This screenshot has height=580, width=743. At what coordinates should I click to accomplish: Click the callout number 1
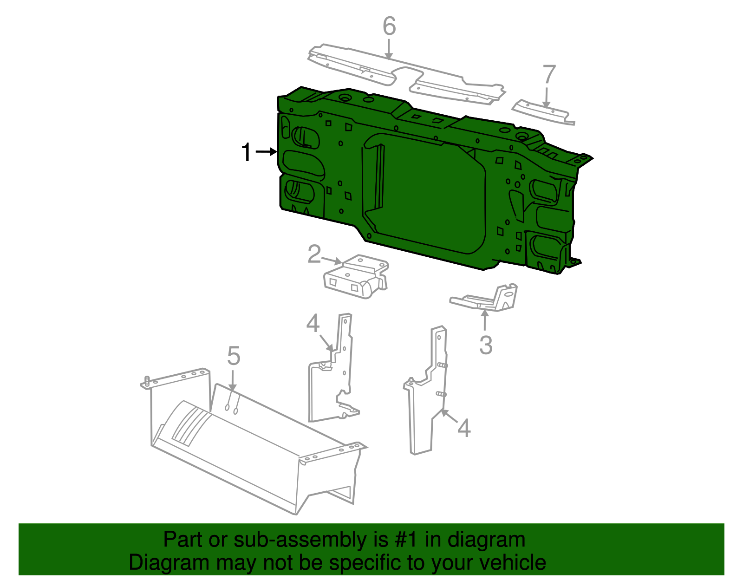247,152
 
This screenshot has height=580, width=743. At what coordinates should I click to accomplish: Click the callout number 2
314,254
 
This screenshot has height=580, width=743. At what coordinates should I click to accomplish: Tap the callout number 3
486,345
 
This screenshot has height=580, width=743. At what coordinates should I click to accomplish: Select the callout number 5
234,356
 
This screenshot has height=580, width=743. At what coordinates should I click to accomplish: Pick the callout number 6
389,26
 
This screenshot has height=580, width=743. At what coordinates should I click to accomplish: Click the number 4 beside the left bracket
313,324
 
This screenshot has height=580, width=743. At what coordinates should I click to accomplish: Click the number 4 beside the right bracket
464,428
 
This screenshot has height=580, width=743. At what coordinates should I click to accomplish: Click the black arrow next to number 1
266,152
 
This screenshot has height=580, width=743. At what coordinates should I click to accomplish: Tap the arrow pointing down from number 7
547,98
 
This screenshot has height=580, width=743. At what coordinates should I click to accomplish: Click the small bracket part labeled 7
542,112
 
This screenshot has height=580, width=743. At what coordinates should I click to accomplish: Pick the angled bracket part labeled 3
488,300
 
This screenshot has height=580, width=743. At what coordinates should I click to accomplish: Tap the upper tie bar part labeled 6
404,74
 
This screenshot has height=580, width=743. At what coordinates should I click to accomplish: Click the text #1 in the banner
407,540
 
